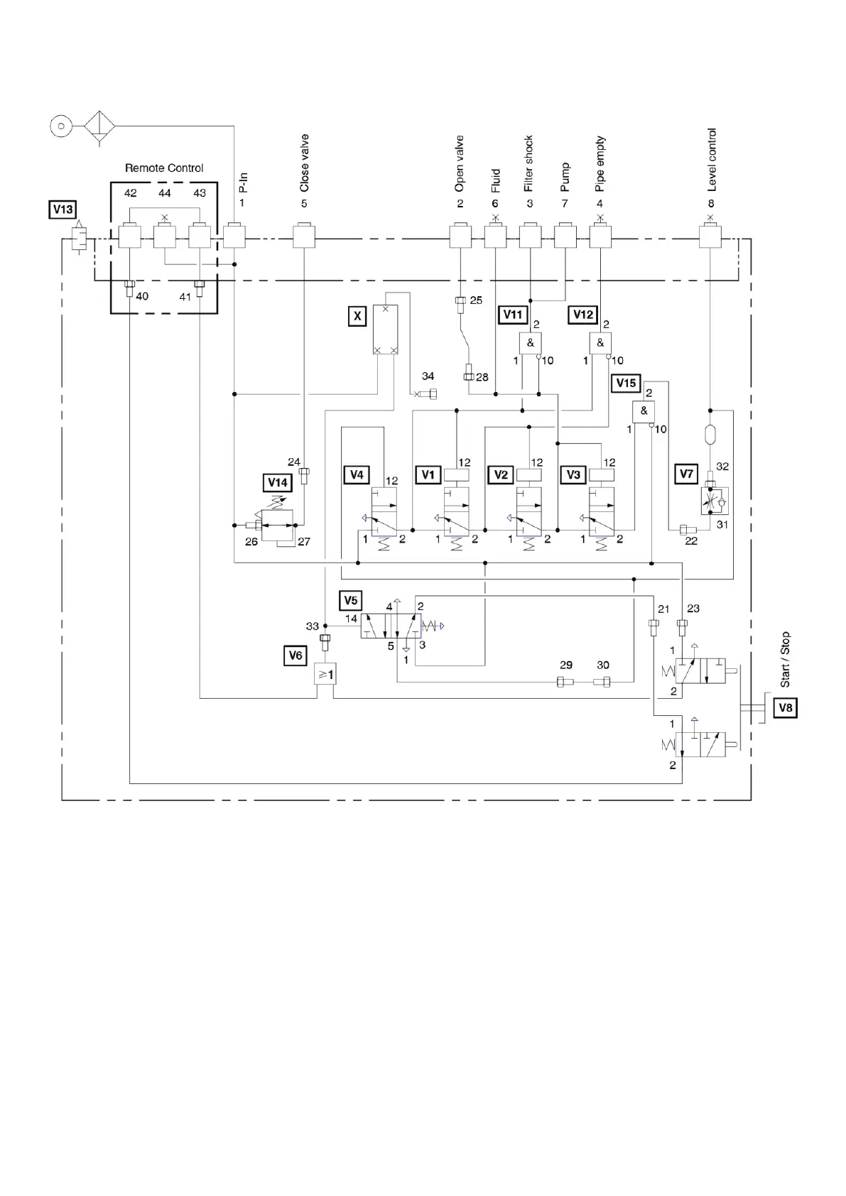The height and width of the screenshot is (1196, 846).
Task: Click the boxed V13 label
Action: click(63, 210)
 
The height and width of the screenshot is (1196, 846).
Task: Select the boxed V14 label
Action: click(277, 483)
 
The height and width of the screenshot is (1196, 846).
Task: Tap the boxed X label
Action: click(357, 316)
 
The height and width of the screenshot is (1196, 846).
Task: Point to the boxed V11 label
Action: click(513, 315)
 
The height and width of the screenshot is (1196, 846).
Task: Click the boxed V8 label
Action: click(785, 707)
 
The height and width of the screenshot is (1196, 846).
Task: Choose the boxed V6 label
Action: click(295, 656)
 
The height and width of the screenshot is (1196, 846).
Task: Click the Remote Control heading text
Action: click(164, 168)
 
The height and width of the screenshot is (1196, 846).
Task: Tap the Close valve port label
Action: click(305, 163)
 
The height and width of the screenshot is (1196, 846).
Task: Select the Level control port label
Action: click(712, 160)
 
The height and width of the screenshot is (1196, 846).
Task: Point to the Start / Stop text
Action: click(785, 659)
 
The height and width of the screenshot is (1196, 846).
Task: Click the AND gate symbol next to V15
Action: click(644, 411)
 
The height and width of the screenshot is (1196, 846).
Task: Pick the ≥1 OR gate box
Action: click(325, 674)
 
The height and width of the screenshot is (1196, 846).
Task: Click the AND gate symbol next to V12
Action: click(600, 343)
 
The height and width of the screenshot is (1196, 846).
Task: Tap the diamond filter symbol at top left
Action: click(99, 127)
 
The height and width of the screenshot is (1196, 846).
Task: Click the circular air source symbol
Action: click(61, 126)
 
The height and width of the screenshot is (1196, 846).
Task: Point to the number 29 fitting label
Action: click(566, 665)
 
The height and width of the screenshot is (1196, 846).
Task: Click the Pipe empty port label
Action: click(600, 164)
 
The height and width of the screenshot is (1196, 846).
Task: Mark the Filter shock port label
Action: click(528, 164)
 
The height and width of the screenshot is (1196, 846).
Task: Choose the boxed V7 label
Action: click(686, 474)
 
